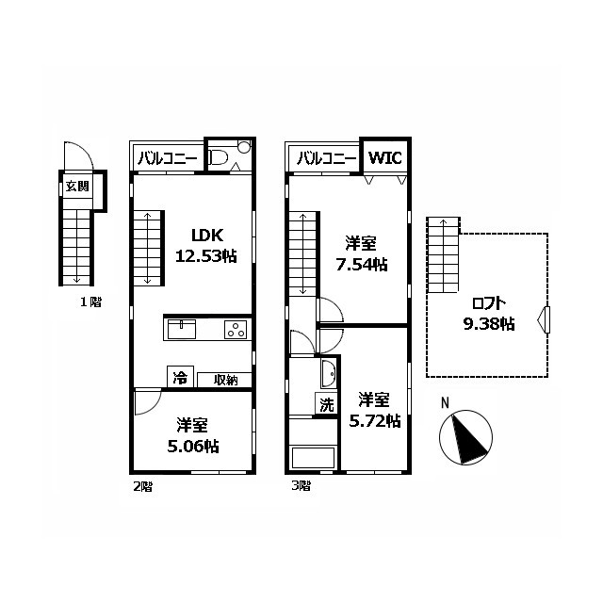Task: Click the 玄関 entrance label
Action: [77, 187]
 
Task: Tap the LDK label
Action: [207, 235]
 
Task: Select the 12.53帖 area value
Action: [205, 255]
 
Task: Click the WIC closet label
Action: [385, 157]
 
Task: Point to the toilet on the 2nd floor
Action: [219, 157]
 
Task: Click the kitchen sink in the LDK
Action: [182, 330]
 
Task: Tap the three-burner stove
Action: [236, 330]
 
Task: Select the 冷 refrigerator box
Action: [180, 377]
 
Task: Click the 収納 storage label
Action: [226, 380]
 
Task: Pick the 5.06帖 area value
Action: [193, 447]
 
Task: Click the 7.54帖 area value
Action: [362, 265]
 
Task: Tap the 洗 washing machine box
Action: [327, 404]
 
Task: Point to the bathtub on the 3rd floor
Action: [314, 457]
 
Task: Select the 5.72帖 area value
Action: [375, 421]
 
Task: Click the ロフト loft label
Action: [488, 303]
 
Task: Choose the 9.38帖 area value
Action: [489, 324]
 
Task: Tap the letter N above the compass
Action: [445, 403]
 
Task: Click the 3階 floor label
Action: [301, 486]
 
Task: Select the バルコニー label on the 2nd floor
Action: [168, 158]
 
